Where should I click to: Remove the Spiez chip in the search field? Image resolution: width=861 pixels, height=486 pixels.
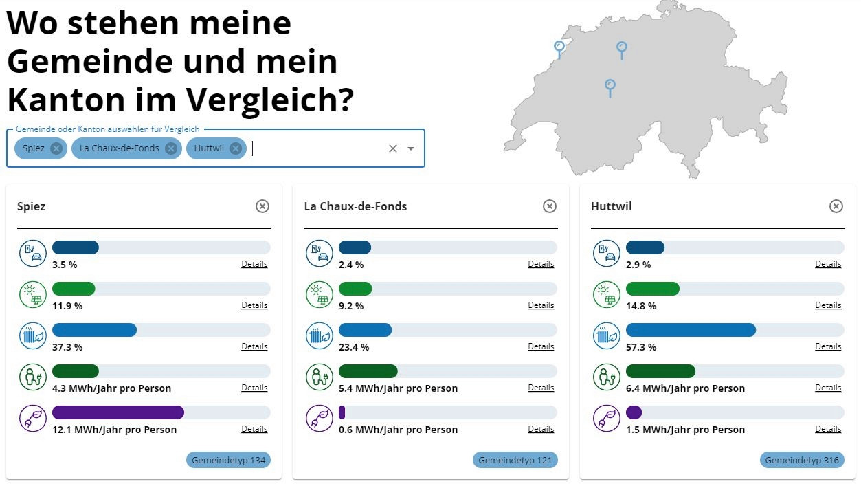pyautogui.click(x=56, y=148)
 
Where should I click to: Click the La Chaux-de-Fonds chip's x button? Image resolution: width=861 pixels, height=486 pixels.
pyautogui.click(x=171, y=148)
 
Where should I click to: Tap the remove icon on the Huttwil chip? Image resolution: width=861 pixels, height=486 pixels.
pyautogui.click(x=236, y=148)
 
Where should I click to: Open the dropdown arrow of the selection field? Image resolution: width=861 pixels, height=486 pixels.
pyautogui.click(x=411, y=148)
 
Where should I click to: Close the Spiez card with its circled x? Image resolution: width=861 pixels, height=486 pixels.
pyautogui.click(x=262, y=206)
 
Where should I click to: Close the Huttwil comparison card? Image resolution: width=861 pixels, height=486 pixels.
pyautogui.click(x=836, y=206)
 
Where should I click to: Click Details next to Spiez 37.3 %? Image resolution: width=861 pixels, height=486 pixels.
pyautogui.click(x=254, y=346)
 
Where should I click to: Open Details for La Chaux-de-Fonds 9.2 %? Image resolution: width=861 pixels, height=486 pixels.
pyautogui.click(x=541, y=305)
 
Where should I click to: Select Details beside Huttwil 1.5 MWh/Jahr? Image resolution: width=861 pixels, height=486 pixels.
pyautogui.click(x=828, y=429)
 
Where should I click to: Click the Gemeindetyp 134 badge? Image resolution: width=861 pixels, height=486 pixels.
pyautogui.click(x=228, y=460)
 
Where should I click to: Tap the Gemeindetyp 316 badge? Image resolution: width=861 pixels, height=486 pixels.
pyautogui.click(x=802, y=460)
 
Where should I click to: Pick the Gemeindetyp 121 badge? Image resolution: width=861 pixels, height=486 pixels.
pyautogui.click(x=515, y=460)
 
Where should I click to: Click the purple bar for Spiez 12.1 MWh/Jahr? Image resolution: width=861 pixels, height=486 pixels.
pyautogui.click(x=118, y=412)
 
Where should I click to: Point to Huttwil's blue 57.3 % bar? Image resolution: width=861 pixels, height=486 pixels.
pyautogui.click(x=691, y=330)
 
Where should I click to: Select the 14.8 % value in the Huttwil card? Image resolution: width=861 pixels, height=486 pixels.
pyautogui.click(x=640, y=306)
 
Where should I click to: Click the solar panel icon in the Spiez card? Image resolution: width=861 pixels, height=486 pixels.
pyautogui.click(x=32, y=295)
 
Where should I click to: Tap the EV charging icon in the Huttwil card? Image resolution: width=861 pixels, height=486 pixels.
pyautogui.click(x=606, y=254)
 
